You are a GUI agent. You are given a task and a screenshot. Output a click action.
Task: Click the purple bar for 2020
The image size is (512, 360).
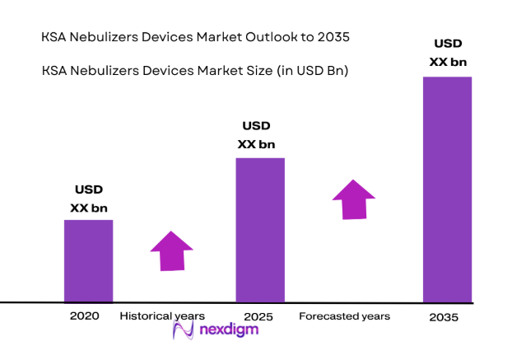pyautogui.click(x=88, y=260)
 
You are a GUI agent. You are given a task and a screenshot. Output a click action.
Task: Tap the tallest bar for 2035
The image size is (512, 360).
pyautogui.click(x=447, y=189)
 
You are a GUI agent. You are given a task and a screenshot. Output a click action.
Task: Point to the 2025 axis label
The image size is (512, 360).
pyautogui.click(x=259, y=316)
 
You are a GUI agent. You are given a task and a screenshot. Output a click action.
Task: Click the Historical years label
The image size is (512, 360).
pyautogui.click(x=162, y=316)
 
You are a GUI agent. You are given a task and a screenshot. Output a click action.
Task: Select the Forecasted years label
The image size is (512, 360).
pyautogui.click(x=344, y=316)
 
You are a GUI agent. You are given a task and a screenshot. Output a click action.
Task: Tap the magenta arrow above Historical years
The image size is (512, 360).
pyautogui.click(x=171, y=250)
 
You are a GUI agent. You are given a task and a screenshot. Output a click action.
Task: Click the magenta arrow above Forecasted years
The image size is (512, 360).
pyautogui.click(x=354, y=199)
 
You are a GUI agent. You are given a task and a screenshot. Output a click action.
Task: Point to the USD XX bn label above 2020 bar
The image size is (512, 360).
pyautogui.click(x=88, y=199)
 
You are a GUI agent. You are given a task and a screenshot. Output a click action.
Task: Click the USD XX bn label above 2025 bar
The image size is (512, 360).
pyautogui.click(x=256, y=135)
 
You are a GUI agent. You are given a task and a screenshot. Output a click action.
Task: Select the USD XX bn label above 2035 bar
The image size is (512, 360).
pyautogui.click(x=448, y=52)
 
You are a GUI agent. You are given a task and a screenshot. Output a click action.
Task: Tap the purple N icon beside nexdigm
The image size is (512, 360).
pyautogui.click(x=183, y=331)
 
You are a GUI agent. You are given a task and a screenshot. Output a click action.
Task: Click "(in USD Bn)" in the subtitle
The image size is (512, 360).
pyautogui.click(x=312, y=71)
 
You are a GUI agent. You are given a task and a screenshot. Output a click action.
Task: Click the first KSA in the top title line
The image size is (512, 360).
pyautogui.click(x=54, y=38)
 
